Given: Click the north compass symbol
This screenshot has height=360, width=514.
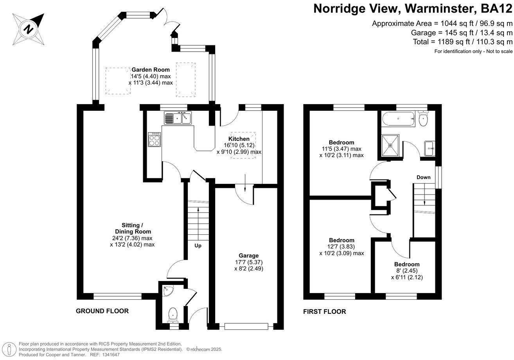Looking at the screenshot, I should click(29, 28).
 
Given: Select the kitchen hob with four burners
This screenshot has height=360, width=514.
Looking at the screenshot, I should click(154, 139).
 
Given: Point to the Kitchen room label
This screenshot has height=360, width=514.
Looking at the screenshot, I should click(239, 139).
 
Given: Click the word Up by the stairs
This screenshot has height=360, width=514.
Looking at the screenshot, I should click(198, 246).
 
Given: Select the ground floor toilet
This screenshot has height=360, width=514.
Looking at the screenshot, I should click(172, 314).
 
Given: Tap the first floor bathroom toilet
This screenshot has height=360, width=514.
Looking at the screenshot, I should click(423, 119).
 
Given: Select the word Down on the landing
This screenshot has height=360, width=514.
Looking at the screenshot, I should click(423, 177).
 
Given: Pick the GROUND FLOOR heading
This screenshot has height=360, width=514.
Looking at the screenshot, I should click(102, 311).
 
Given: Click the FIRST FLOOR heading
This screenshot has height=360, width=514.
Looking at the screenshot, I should click(325, 311).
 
